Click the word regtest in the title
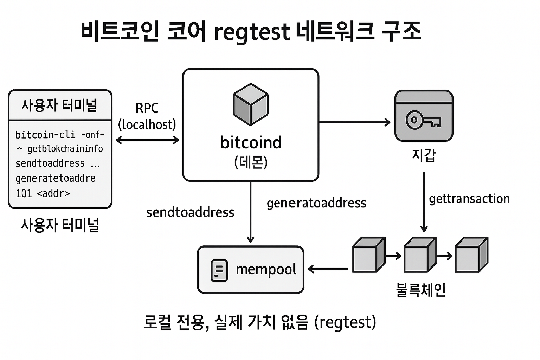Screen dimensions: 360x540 point(252,32)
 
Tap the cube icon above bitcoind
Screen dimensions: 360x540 point(251,104)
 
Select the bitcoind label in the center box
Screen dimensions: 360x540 point(251,142)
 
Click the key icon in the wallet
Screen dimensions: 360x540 point(423,120)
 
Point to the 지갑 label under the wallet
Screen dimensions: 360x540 point(424,155)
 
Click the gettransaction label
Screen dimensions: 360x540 point(469,199)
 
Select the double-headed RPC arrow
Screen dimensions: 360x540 point(147,140)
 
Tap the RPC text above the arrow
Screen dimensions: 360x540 point(147,108)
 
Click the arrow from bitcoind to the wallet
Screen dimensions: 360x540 point(354,122)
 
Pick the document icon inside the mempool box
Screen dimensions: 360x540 point(219,270)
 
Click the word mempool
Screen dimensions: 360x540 point(266,270)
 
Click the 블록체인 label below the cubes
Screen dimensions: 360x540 point(420,290)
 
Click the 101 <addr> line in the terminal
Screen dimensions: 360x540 point(43,193)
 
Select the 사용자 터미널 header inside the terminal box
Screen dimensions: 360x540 point(59,105)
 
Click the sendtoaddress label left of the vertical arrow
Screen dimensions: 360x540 point(190,212)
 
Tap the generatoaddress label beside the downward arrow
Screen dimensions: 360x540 point(316,203)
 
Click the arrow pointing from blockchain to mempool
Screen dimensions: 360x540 point(328,269)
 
